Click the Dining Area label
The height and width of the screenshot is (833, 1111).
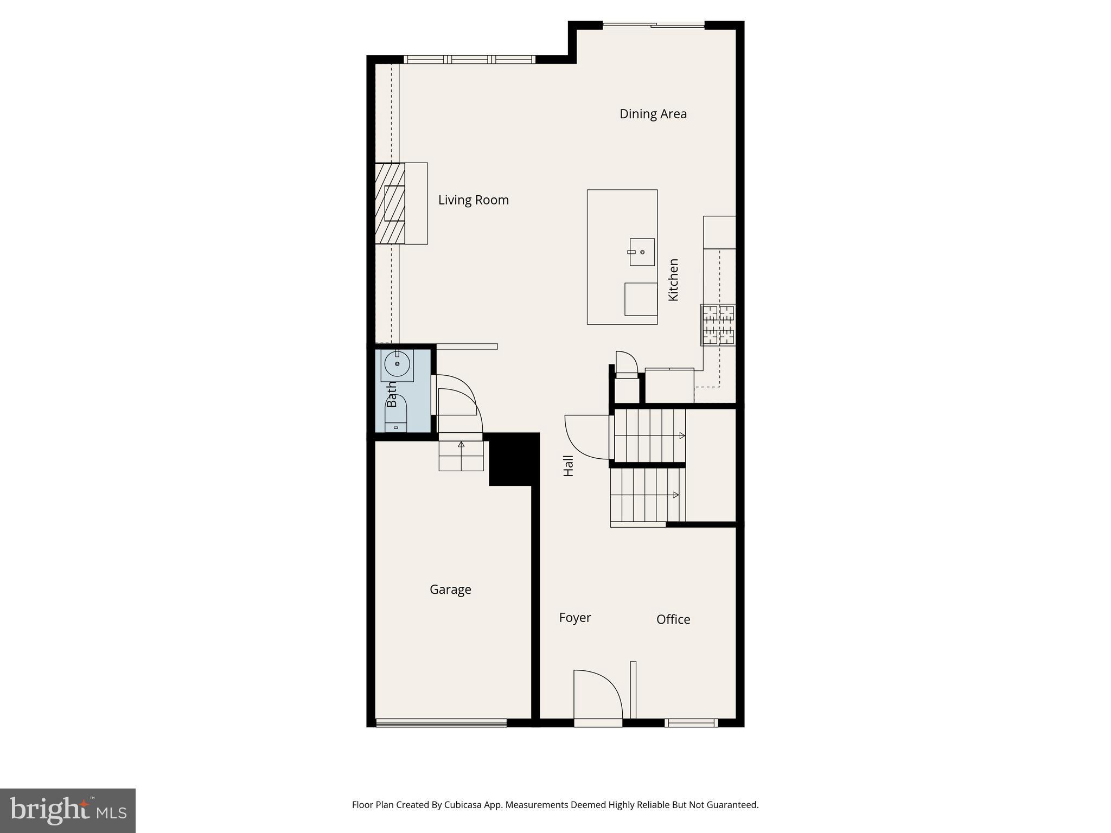coord(653,114)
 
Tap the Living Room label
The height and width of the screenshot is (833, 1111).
coord(473,200)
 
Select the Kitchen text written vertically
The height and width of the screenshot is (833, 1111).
coord(673,280)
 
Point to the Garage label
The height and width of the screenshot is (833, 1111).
coord(450,589)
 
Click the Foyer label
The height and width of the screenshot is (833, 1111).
coord(574,618)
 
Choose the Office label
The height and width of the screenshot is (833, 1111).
coord(673,619)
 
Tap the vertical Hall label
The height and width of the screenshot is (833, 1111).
coord(568,466)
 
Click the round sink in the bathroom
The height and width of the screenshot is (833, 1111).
coord(397,363)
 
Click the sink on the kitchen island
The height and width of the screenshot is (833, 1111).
coord(642,252)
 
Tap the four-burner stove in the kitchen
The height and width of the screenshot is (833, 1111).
coord(718,325)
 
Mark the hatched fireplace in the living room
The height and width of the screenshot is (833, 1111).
coord(390,203)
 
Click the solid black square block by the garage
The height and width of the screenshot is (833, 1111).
coord(513,459)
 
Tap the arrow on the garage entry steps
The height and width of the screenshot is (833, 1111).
coord(461,445)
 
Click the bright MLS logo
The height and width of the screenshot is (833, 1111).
coord(68,810)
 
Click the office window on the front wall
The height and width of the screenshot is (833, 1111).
coord(691,722)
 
